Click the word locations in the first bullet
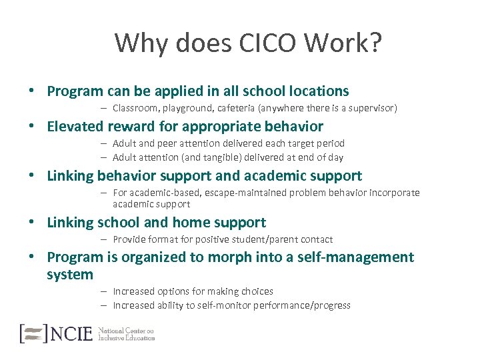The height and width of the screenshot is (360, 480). (317, 91)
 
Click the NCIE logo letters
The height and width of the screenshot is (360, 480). (71, 333)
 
